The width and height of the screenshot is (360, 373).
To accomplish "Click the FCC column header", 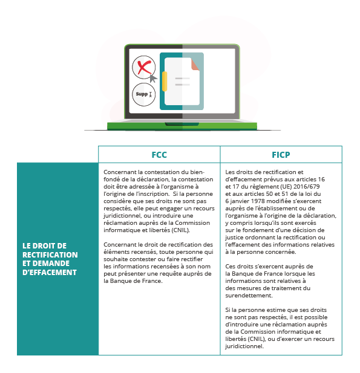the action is click(159, 154).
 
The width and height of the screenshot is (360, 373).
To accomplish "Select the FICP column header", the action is click(281, 154).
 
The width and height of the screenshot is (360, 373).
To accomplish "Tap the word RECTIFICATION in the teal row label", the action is click(50, 255).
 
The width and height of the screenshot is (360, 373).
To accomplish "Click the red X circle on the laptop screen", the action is click(143, 67).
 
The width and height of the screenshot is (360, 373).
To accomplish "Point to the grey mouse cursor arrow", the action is click(154, 78).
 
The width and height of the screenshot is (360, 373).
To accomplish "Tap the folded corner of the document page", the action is click(195, 64).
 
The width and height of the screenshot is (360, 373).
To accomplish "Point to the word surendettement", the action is click(249, 295).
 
